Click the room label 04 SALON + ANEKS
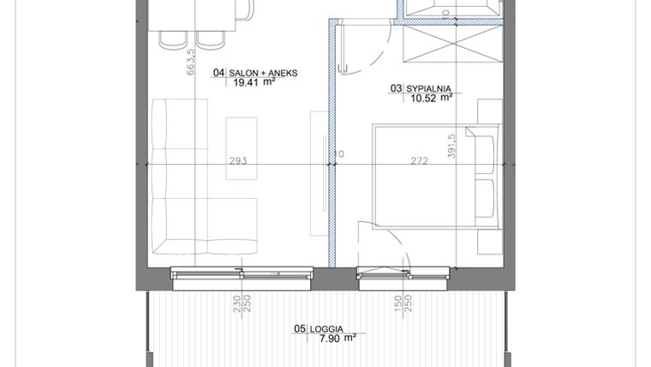[x=255, y=74]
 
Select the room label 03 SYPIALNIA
[x=421, y=87]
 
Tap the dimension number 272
[x=420, y=160]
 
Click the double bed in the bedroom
[x=428, y=189]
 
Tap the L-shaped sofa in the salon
[x=184, y=189]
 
